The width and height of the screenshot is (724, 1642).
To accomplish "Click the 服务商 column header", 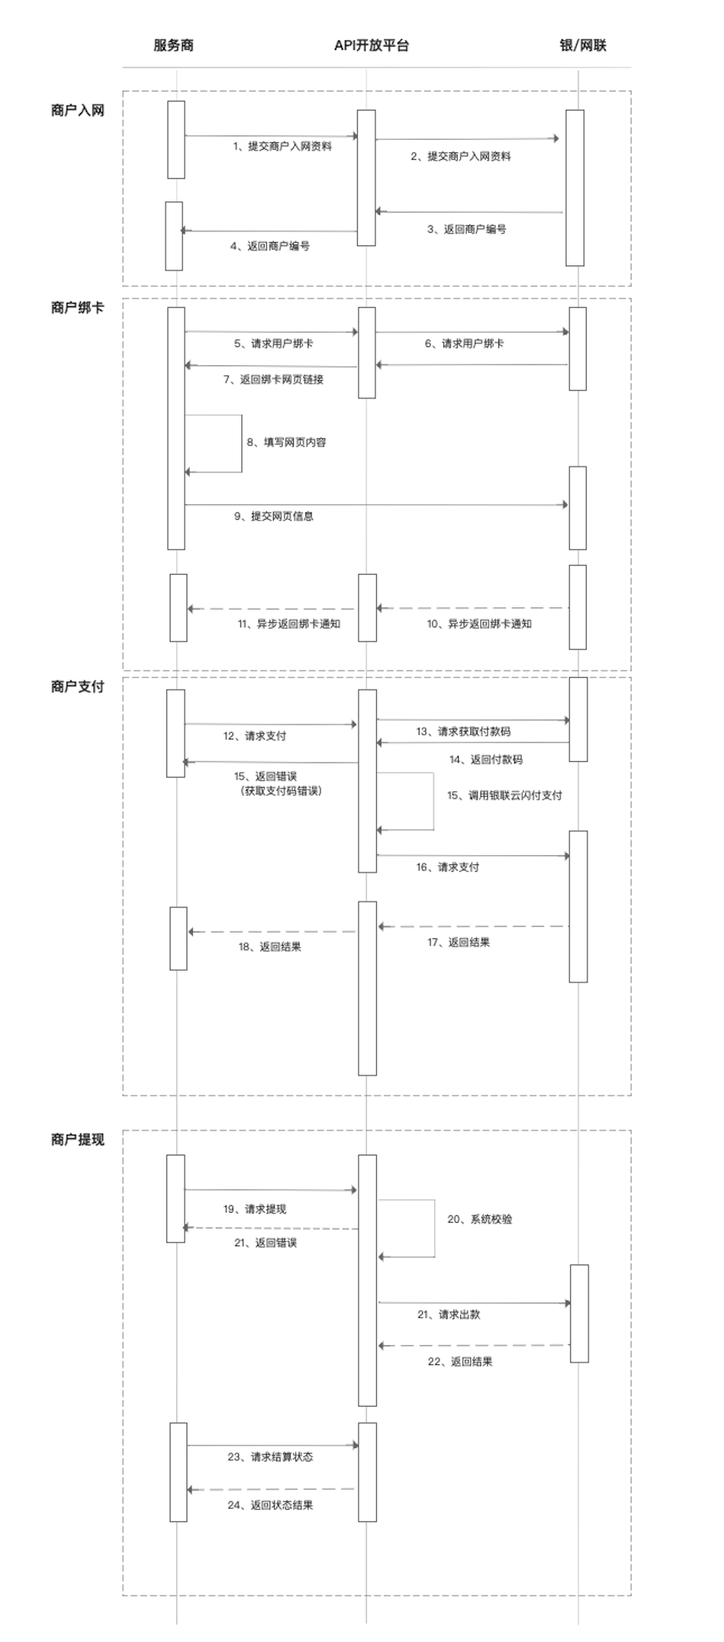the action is [x=174, y=46].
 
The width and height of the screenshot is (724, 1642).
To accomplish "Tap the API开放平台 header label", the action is [x=371, y=46].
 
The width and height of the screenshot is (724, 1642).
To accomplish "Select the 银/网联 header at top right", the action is [x=583, y=46].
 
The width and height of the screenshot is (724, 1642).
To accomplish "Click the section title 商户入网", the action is [x=77, y=110].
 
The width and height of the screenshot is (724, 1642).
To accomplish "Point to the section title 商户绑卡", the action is [x=77, y=308].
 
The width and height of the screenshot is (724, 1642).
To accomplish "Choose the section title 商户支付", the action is [x=77, y=687].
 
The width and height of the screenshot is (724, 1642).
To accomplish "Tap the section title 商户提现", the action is [x=77, y=1140].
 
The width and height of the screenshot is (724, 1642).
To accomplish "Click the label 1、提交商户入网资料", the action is [x=282, y=146].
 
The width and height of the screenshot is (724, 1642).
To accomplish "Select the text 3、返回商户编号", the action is [x=467, y=229].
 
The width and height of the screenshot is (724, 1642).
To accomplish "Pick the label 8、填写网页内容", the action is [x=286, y=443].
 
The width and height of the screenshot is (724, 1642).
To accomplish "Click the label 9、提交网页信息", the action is [x=274, y=516].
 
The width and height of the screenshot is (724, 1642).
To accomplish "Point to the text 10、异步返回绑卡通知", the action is [x=479, y=623].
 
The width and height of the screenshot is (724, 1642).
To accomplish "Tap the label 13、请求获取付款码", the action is [x=464, y=732].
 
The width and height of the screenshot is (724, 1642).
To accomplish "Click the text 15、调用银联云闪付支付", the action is [x=504, y=795].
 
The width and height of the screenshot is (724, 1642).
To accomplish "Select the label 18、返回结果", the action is [x=270, y=947].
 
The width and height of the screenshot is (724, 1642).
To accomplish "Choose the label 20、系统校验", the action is [x=480, y=1219].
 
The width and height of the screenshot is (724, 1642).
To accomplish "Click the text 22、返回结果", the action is [x=460, y=1362].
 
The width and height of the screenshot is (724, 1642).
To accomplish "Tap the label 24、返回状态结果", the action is [x=270, y=1505].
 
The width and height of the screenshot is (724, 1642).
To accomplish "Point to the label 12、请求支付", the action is [x=255, y=736].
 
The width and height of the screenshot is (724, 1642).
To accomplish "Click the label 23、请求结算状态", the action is [x=270, y=1457].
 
